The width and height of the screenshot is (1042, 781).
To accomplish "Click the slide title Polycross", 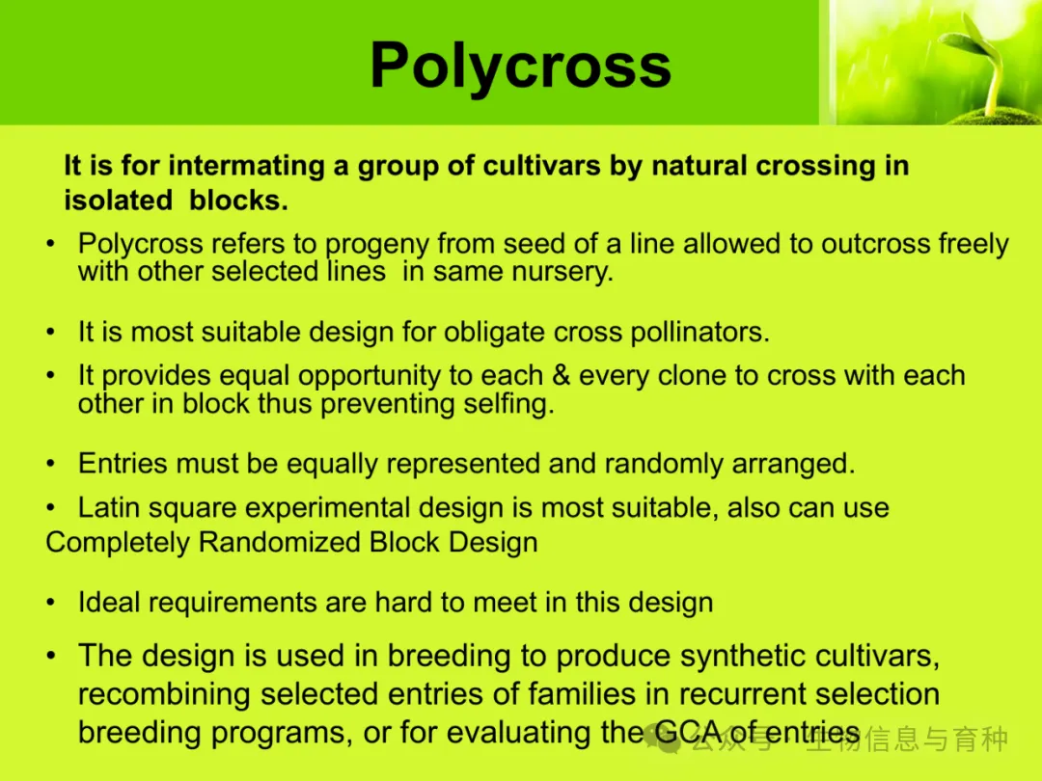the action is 520,66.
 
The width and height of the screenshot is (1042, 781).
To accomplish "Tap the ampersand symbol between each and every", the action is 561,375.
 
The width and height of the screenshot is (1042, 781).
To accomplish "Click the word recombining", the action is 165,694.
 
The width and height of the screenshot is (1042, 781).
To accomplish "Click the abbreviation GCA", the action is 688,733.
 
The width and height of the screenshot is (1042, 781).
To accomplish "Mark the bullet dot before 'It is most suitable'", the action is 50,332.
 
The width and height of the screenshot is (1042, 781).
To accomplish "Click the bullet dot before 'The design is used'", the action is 50,657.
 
